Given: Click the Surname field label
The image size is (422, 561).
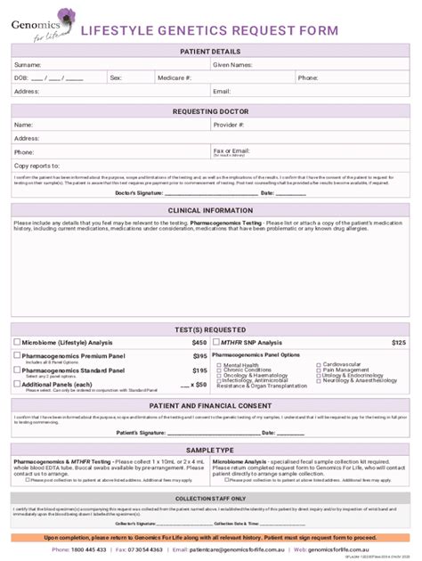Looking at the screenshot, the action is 28,65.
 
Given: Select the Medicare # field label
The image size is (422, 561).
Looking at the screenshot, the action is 174,77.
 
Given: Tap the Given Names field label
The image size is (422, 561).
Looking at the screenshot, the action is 232,65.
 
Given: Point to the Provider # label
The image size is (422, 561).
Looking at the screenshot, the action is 229,125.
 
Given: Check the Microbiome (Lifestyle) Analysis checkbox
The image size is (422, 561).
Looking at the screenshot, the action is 17,342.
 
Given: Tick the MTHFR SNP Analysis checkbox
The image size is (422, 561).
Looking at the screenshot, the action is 215,342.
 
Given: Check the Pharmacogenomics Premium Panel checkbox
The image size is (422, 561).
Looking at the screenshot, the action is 17,355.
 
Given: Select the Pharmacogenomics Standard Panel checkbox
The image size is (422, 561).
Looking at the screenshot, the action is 17,370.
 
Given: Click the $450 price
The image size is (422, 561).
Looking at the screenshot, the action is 199,342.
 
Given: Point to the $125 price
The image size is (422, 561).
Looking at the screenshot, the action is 398,342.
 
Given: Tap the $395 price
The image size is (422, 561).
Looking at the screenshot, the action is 199,356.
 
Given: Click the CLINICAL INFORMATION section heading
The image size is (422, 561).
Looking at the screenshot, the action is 210,210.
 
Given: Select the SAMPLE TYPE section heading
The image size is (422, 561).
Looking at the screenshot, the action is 210,451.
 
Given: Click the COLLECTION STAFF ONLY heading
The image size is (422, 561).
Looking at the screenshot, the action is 210,498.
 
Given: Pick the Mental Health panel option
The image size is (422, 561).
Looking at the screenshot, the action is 241,365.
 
